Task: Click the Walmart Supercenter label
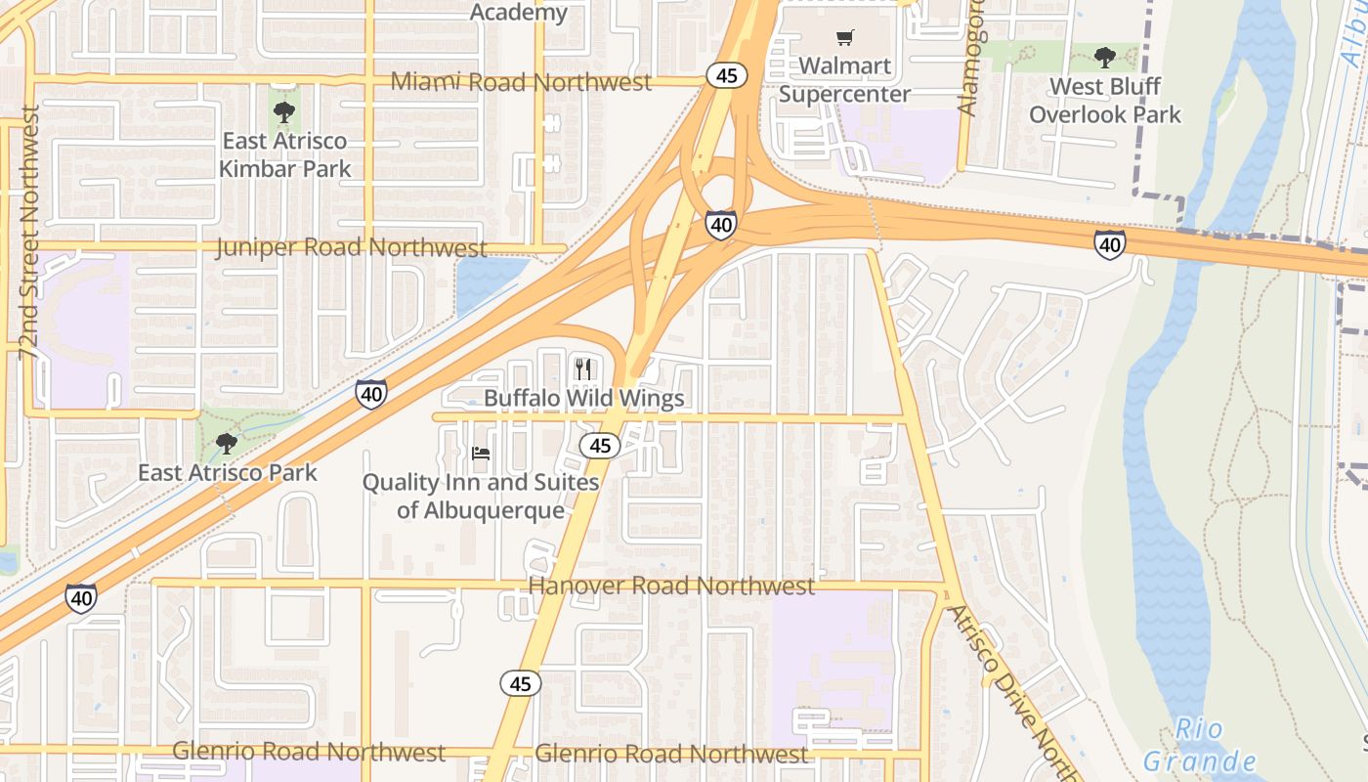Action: tap(844, 80)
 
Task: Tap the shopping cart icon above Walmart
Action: tap(844, 38)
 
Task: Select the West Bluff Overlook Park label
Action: tap(1105, 101)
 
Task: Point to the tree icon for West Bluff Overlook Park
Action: tap(1105, 58)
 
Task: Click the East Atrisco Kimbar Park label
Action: tap(284, 154)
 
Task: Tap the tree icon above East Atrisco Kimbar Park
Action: tap(284, 111)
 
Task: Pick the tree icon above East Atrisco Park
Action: tap(227, 445)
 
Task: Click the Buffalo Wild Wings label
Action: tap(584, 399)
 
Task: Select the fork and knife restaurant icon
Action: tap(584, 369)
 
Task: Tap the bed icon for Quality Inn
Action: tap(481, 454)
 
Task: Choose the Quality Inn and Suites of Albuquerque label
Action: tap(481, 497)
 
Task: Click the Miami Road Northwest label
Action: tap(521, 82)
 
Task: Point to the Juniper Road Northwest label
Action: tap(351, 247)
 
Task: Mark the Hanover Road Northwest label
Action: tap(670, 586)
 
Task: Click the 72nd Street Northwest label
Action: tap(29, 233)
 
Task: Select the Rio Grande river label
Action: tap(1199, 745)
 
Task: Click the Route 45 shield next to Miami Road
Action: tap(727, 75)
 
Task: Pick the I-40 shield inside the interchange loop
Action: tap(721, 225)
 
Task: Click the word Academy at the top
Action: tap(519, 13)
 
